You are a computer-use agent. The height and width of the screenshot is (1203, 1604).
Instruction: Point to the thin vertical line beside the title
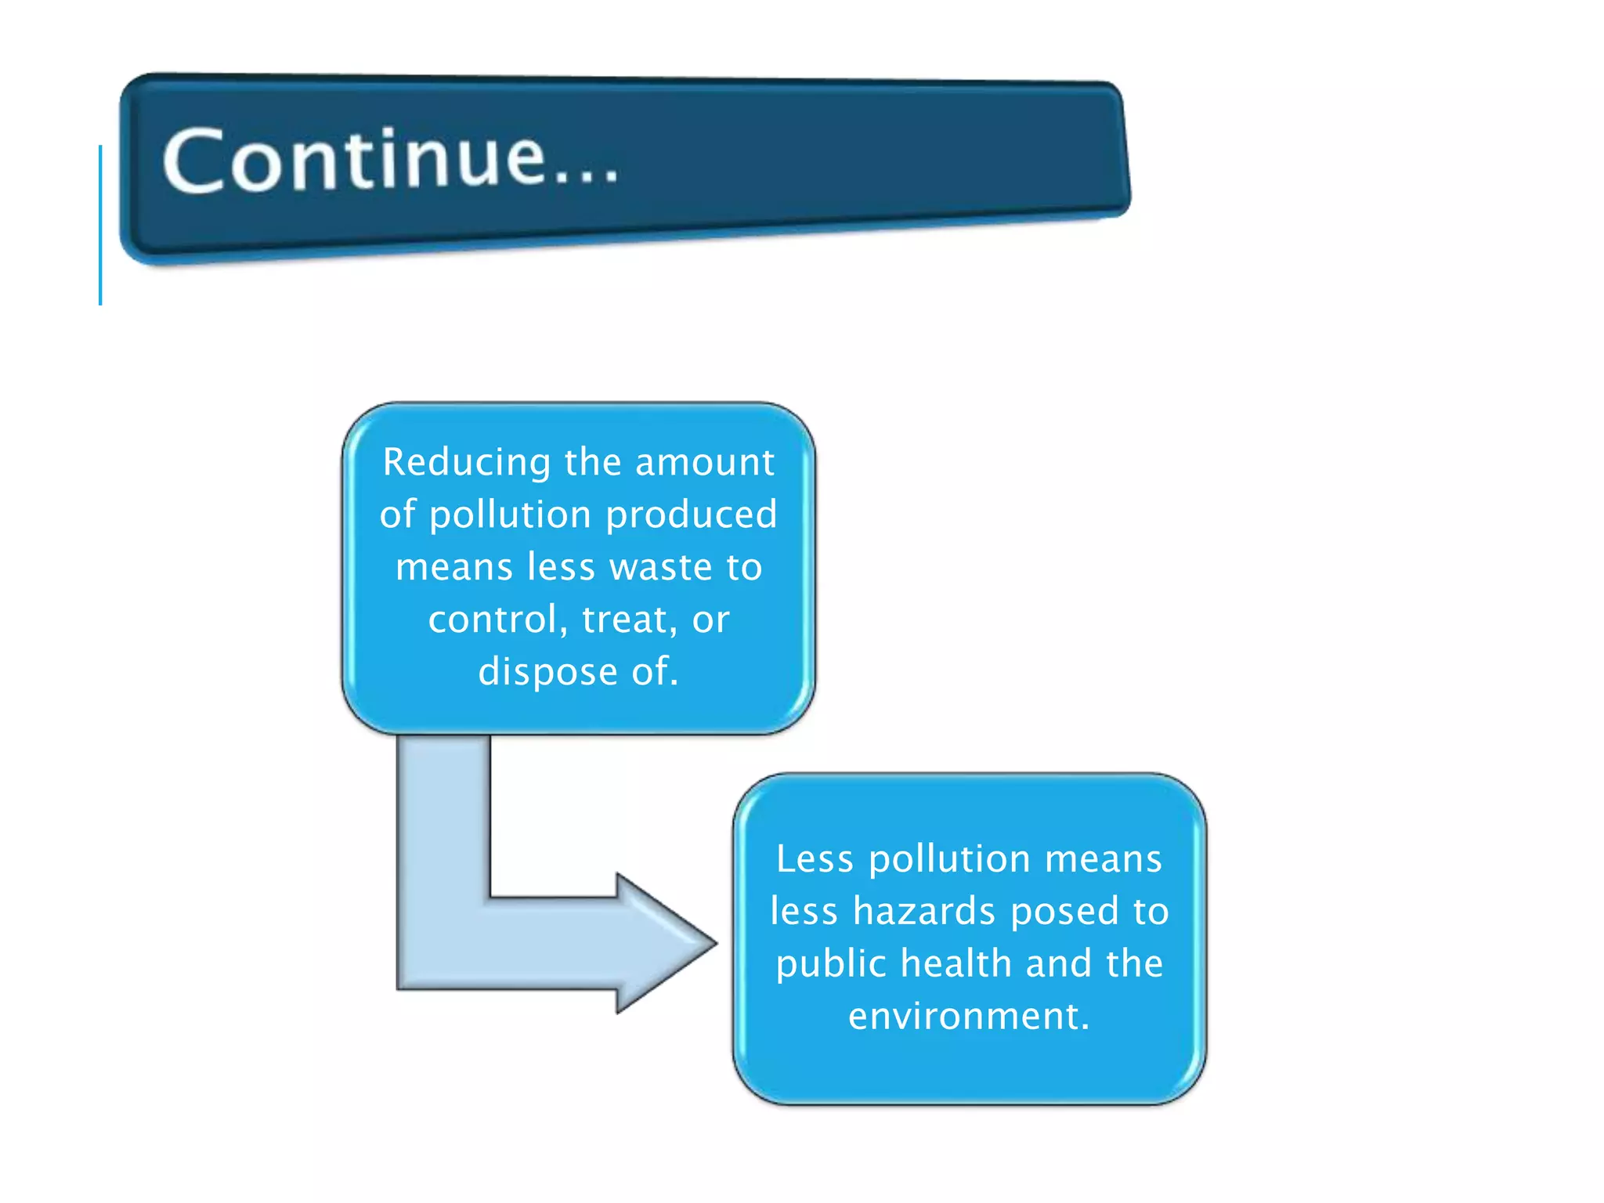[100, 226]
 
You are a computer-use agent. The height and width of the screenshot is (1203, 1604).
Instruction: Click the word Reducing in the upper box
[467, 462]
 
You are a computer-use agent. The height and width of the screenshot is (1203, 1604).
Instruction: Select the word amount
[704, 462]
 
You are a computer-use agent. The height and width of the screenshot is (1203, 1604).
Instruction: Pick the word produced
[691, 515]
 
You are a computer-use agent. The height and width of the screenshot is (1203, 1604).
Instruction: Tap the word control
[493, 620]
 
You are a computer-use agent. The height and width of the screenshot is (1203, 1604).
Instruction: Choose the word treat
[624, 620]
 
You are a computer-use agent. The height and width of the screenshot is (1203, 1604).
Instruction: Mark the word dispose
[547, 672]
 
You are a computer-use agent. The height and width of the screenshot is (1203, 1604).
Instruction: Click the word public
[831, 964]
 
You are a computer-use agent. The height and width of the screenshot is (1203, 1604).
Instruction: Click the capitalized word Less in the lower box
[815, 859]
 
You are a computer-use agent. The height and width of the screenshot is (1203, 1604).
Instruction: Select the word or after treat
[710, 620]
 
